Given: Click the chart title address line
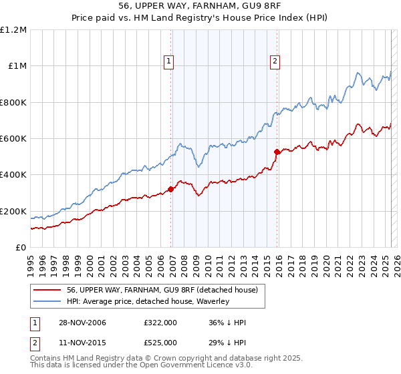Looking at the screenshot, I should (x=200, y=6).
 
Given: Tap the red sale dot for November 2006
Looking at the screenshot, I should (x=170, y=189).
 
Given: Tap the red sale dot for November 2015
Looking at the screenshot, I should (x=277, y=152).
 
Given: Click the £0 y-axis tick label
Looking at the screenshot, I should (x=21, y=248).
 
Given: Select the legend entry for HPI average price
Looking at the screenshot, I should (x=148, y=301).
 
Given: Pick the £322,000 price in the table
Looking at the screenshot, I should (x=160, y=323).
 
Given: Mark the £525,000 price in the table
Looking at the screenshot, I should (x=160, y=342).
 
